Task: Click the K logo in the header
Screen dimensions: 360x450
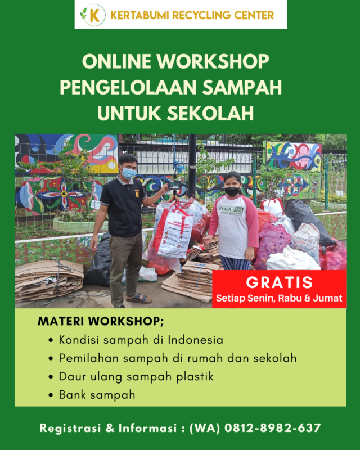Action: [93, 15]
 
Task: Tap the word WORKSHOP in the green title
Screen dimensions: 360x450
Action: [213, 61]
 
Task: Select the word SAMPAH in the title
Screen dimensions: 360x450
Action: [242, 87]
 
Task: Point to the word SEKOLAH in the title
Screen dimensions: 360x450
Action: [210, 113]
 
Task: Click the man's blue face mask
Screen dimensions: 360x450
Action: [129, 173]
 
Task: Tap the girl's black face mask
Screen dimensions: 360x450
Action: [232, 191]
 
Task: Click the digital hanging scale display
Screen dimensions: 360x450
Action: [174, 184]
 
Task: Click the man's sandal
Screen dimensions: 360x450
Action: [139, 298]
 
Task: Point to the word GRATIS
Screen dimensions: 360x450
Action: [279, 282]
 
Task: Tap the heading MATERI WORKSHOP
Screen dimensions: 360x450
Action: [101, 321]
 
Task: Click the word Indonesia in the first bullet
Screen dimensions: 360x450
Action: [196, 340]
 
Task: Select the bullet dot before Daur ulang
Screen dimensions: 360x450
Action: [51, 377]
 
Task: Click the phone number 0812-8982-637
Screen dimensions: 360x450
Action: [273, 428]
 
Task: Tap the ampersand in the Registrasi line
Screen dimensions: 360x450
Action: [110, 428]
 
